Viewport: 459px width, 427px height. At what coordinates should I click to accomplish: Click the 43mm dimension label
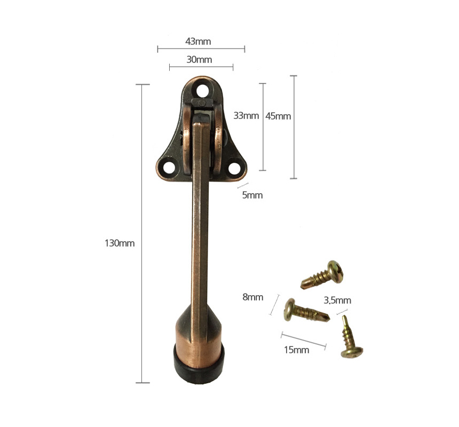click(x=198, y=41)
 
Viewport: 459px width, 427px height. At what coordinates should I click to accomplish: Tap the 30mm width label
click(x=199, y=59)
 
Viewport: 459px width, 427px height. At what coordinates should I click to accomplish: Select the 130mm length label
click(x=120, y=243)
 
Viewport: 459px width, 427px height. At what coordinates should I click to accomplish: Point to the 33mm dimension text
click(x=246, y=116)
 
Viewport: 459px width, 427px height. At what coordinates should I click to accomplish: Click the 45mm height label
click(x=278, y=116)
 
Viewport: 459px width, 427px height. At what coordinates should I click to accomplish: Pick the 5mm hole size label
click(x=252, y=195)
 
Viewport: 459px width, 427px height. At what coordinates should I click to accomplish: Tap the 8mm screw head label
click(x=252, y=297)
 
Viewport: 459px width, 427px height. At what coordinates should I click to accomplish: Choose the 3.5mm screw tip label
click(x=337, y=301)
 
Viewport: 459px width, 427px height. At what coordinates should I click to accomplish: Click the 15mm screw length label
click(x=297, y=350)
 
